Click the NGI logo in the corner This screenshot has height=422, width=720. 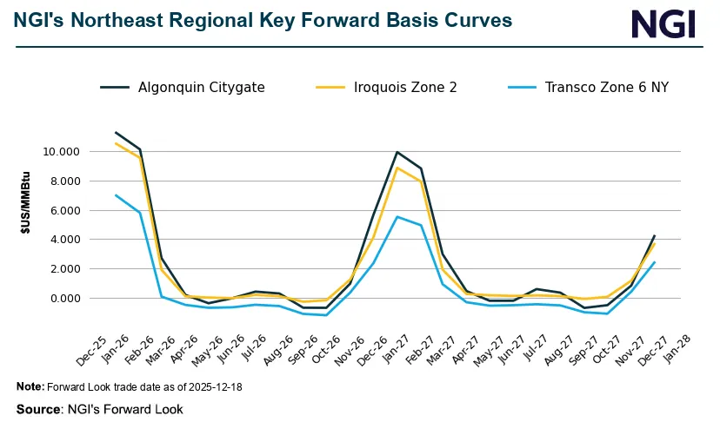[663, 23]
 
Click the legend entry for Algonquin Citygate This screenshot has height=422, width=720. [201, 87]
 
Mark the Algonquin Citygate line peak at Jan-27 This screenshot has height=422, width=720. [397, 152]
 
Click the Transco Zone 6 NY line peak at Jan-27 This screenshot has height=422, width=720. [397, 216]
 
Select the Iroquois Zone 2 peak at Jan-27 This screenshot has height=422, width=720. [397, 168]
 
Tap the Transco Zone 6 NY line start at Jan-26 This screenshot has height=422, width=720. [116, 195]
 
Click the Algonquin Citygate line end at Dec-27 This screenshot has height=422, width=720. [655, 235]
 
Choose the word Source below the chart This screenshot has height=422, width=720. [38, 408]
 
